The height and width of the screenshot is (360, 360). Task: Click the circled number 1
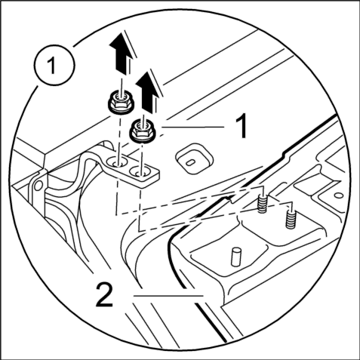coord(54,65)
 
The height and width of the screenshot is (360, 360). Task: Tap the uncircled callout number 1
coord(242,125)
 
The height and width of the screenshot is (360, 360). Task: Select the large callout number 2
coord(104,294)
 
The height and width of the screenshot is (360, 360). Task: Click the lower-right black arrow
coord(147,91)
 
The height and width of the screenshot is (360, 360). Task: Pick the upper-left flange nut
coord(121,103)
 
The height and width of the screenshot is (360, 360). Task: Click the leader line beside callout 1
coord(192,127)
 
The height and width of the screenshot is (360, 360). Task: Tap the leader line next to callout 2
coord(168,296)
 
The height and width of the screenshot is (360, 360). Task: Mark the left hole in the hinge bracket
coord(118,164)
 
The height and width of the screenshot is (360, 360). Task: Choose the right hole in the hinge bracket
coord(140,172)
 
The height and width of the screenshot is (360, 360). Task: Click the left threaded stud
coord(262,202)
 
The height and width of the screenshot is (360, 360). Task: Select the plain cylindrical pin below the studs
coord(236,257)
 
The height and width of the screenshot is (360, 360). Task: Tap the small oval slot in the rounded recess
coord(190,163)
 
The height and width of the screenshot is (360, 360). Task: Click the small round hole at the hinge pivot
coord(38,186)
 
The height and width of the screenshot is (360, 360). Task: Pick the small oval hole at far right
coord(339,195)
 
